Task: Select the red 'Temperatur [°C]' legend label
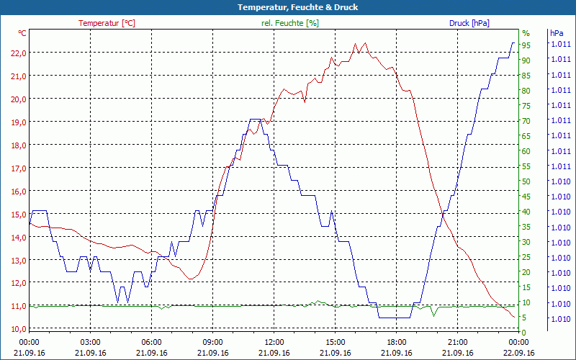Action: click(107, 23)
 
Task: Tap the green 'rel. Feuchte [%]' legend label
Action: click(289, 23)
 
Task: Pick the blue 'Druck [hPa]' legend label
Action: click(469, 23)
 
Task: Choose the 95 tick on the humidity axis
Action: click(526, 45)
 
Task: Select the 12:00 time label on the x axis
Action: click(274, 342)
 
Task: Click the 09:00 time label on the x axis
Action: click(213, 342)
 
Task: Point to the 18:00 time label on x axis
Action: click(397, 342)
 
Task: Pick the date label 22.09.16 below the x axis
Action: click(519, 353)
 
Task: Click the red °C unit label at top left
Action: click(22, 33)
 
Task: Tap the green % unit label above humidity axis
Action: click(526, 33)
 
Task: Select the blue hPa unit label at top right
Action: click(557, 33)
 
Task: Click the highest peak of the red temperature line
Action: click(355, 44)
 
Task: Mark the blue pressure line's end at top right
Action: click(514, 42)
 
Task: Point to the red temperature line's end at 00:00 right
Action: click(514, 318)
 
